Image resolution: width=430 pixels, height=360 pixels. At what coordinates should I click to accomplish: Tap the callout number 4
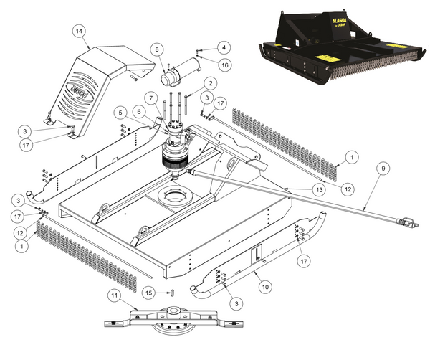click(x=224, y=47)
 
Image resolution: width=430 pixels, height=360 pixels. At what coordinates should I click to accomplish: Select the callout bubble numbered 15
click(x=148, y=292)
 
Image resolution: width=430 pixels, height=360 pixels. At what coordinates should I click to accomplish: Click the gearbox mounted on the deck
click(x=175, y=147)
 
